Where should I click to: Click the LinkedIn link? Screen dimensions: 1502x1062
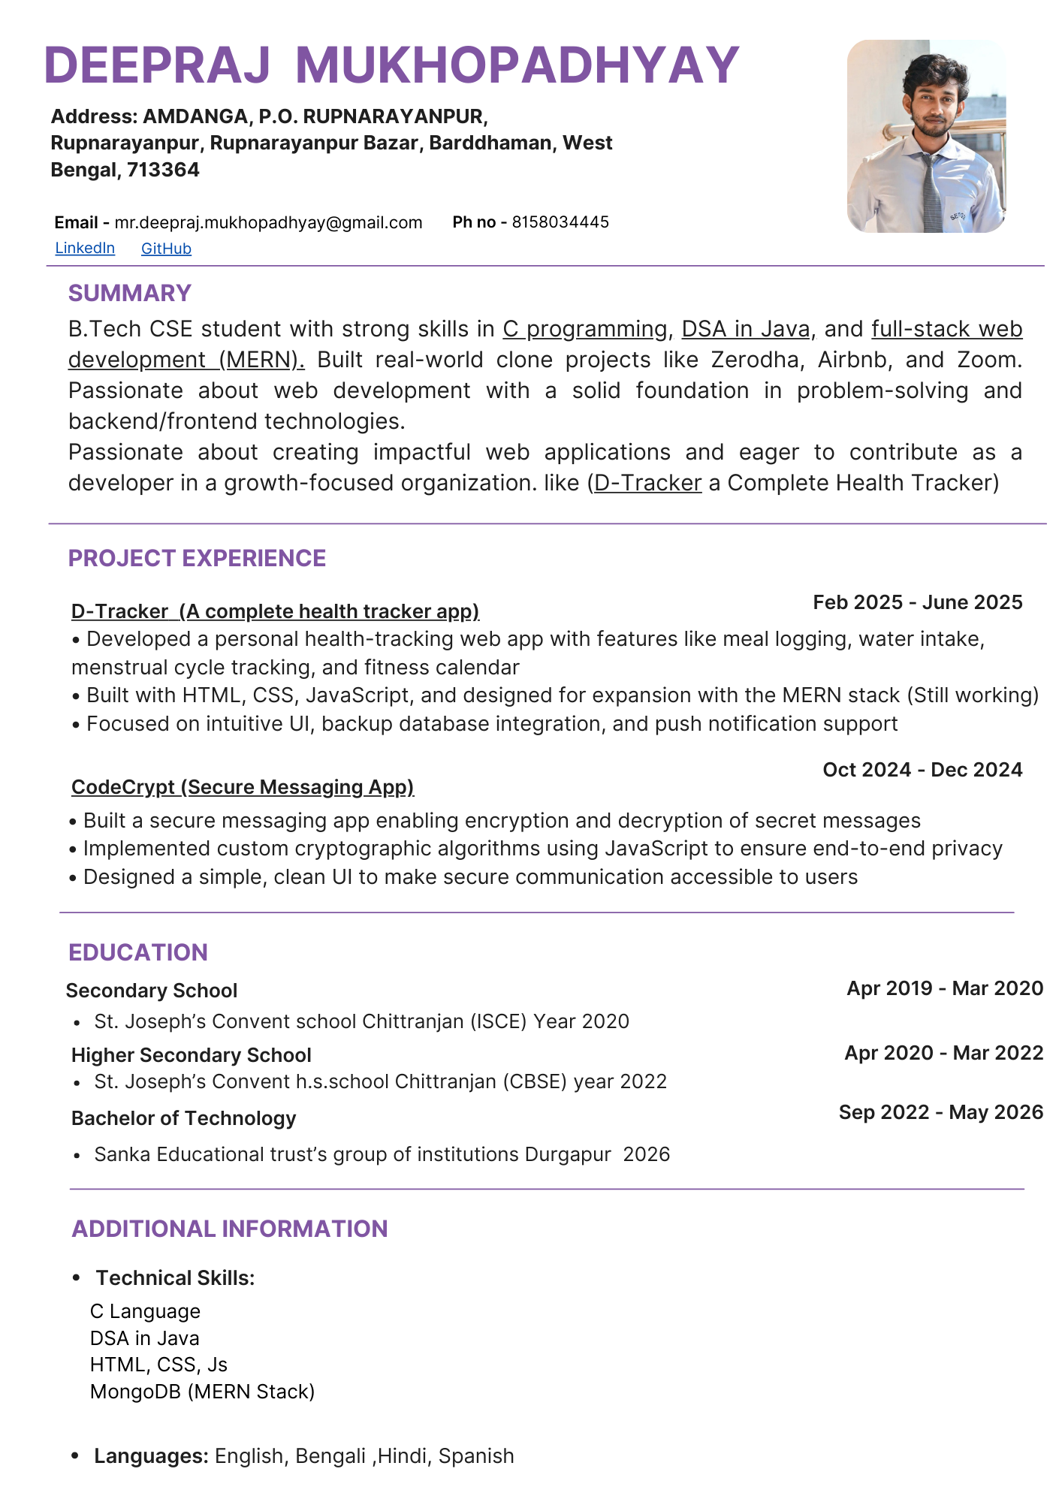(x=85, y=249)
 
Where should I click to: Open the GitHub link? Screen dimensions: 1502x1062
(x=166, y=249)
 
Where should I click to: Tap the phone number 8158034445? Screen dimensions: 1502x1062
(x=560, y=222)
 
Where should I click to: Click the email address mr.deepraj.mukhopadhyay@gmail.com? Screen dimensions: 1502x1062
(x=268, y=222)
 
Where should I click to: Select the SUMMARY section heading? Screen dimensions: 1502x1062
(x=130, y=293)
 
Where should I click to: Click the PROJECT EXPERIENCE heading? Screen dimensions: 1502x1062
(x=197, y=558)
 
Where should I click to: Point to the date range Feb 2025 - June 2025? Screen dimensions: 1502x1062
(x=917, y=602)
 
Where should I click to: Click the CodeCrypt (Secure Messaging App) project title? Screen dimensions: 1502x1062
(x=243, y=787)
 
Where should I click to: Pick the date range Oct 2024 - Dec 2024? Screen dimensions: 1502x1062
(x=922, y=770)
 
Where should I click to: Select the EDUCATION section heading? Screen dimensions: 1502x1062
(x=138, y=952)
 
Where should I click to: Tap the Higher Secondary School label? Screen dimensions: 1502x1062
(x=191, y=1055)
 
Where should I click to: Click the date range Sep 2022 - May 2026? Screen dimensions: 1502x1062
(x=940, y=1112)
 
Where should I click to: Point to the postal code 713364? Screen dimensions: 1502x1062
(x=163, y=170)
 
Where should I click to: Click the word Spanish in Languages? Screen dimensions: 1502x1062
(x=476, y=1456)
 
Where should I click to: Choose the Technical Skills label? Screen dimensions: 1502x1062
(x=175, y=1278)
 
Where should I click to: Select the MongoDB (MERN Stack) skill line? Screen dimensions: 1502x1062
(x=202, y=1392)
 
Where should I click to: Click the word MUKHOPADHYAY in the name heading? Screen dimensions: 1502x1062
(x=517, y=65)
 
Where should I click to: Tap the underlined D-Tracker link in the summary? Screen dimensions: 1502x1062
(x=647, y=483)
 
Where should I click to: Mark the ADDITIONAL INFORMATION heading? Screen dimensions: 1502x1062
(x=230, y=1229)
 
